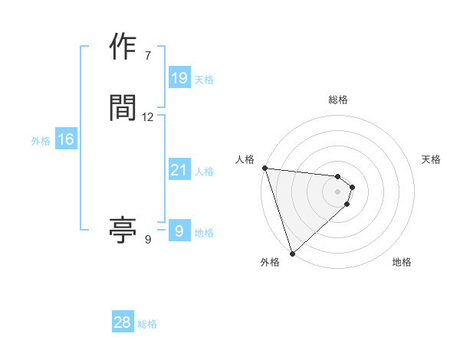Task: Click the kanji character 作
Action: coord(123,47)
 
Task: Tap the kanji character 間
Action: coord(123,109)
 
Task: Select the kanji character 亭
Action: coord(123,230)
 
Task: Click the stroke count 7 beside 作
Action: coord(147,55)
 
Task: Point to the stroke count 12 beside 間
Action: coord(148,117)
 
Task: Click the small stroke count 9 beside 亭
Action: coord(147,239)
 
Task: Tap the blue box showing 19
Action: coord(179,78)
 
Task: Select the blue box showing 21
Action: coord(179,170)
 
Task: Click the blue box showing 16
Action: coord(65,139)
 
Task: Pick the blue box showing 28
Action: coord(123,322)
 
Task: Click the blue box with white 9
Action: coord(179,231)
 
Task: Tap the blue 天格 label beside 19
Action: coord(204,80)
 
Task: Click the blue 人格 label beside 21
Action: coord(204,172)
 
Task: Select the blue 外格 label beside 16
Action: coord(41,141)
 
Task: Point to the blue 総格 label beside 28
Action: coord(147,324)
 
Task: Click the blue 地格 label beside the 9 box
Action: coord(204,233)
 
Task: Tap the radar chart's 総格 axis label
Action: coord(338,100)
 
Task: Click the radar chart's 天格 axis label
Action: coord(431,159)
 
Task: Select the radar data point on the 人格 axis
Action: coord(264,168)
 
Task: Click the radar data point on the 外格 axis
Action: coord(292,253)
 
